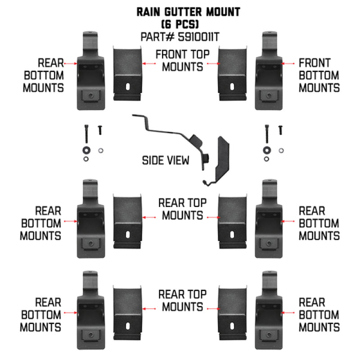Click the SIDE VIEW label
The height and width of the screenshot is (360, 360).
pyautogui.click(x=166, y=160)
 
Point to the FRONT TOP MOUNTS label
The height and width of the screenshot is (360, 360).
pyautogui.click(x=180, y=61)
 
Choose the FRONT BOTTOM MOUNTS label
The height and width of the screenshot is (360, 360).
pyautogui.click(x=319, y=75)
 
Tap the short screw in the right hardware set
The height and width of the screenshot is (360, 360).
pyautogui.click(x=280, y=130)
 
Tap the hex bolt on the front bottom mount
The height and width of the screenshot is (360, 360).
pyautogui.click(x=269, y=96)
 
